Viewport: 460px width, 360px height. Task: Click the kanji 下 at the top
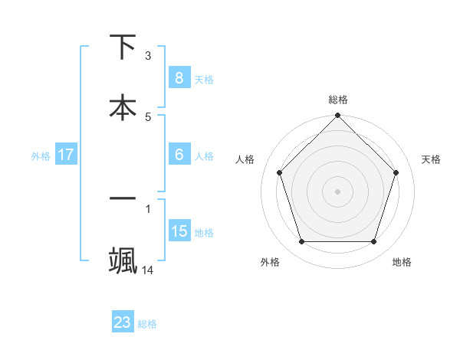point(123,47)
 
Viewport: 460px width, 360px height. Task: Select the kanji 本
point(123,107)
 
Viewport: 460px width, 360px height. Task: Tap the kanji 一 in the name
point(123,198)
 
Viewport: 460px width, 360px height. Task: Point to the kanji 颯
point(123,259)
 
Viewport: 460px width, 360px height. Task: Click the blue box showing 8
point(179,78)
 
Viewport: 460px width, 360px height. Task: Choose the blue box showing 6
point(179,154)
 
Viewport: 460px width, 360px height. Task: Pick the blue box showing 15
point(179,231)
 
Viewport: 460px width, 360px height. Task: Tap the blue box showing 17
point(66,155)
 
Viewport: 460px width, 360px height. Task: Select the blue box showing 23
point(123,322)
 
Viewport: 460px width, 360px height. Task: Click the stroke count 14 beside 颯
point(148,270)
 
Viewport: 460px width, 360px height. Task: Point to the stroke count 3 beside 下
point(148,56)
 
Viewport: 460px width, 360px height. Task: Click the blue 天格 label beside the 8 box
point(204,79)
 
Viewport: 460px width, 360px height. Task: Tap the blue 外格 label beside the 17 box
point(41,155)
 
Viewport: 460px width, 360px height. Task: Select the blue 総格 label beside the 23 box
point(147,323)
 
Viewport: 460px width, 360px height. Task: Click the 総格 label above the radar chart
point(338,100)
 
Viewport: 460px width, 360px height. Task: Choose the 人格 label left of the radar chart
point(245,159)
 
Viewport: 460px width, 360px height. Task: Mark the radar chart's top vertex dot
point(338,117)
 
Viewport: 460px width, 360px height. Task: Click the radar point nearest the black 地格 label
point(373,241)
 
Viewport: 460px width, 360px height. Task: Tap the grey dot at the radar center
point(338,191)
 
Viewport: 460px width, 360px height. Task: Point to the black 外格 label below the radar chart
point(270,262)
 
